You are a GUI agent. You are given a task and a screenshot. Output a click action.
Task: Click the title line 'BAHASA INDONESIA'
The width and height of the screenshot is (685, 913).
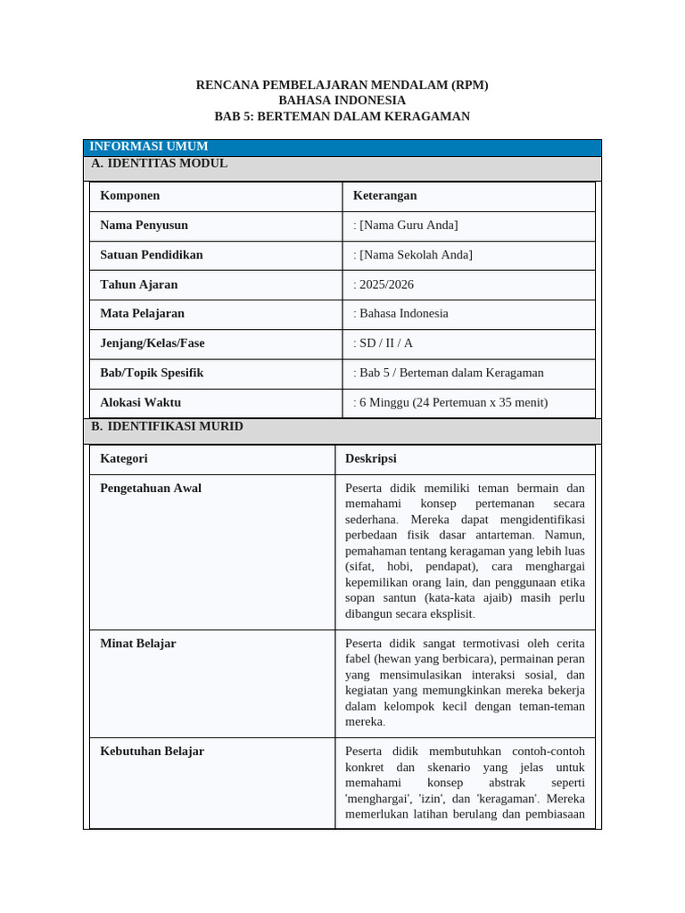tap(342, 101)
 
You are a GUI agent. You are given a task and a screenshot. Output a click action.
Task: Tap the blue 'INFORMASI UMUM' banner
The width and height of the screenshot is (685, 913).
tap(149, 146)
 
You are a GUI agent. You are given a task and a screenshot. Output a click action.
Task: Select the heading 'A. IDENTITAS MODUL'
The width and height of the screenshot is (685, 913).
tap(160, 163)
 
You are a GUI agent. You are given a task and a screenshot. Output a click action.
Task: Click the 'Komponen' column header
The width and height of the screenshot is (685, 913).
tap(130, 195)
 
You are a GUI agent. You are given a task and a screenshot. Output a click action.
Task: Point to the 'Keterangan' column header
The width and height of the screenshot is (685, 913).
tap(384, 195)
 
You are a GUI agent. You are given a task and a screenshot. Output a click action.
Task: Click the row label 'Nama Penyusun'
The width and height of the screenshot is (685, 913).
tap(144, 225)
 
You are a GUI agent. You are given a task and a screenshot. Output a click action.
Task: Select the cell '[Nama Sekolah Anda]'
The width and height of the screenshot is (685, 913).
tap(416, 255)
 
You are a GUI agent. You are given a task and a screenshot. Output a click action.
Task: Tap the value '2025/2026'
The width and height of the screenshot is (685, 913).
tap(386, 284)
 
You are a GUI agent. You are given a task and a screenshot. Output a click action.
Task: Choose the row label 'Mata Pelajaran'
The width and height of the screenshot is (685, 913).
tap(143, 313)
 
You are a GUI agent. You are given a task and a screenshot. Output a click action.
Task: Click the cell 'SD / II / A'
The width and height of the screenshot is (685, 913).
tap(386, 343)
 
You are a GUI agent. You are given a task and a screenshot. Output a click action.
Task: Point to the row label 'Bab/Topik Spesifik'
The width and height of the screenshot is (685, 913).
tap(153, 373)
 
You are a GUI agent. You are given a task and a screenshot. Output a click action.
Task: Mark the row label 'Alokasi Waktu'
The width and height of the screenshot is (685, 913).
tap(140, 402)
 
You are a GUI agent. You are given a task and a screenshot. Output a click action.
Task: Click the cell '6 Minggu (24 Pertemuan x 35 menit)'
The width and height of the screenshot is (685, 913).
tap(453, 402)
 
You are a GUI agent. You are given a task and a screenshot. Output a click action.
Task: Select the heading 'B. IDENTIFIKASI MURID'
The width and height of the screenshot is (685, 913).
tap(168, 426)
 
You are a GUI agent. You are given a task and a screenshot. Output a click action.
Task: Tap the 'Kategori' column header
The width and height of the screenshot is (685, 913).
tap(124, 458)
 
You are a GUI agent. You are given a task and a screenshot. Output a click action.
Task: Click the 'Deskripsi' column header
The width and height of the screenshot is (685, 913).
tap(371, 458)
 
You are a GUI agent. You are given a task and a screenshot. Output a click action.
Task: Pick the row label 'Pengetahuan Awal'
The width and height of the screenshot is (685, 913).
tap(151, 488)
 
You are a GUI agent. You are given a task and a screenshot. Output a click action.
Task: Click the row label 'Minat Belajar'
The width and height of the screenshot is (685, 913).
tap(138, 643)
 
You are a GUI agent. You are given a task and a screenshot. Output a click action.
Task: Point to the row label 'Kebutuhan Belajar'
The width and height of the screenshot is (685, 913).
tap(153, 751)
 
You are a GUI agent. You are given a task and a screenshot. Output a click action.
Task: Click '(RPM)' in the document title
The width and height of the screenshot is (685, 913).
tap(469, 85)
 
